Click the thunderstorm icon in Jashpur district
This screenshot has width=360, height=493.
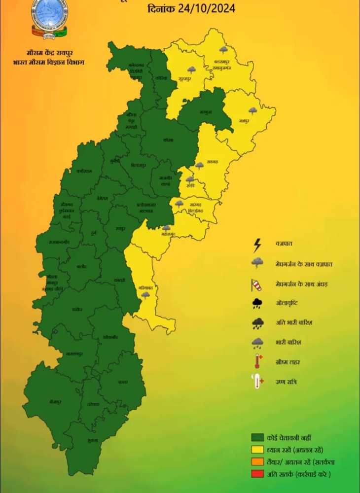(252, 111)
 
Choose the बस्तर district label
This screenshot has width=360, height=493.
(123, 383)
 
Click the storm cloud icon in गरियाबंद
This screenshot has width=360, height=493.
(145, 295)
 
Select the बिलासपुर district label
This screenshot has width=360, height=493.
(140, 166)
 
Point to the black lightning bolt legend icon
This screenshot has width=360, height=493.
(257, 244)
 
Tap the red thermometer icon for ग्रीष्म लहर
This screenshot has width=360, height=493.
(257, 362)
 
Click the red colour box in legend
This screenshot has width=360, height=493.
(257, 474)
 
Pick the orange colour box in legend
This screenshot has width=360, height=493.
(257, 462)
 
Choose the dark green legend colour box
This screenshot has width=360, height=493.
(257, 438)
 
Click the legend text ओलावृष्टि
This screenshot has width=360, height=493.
(288, 304)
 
